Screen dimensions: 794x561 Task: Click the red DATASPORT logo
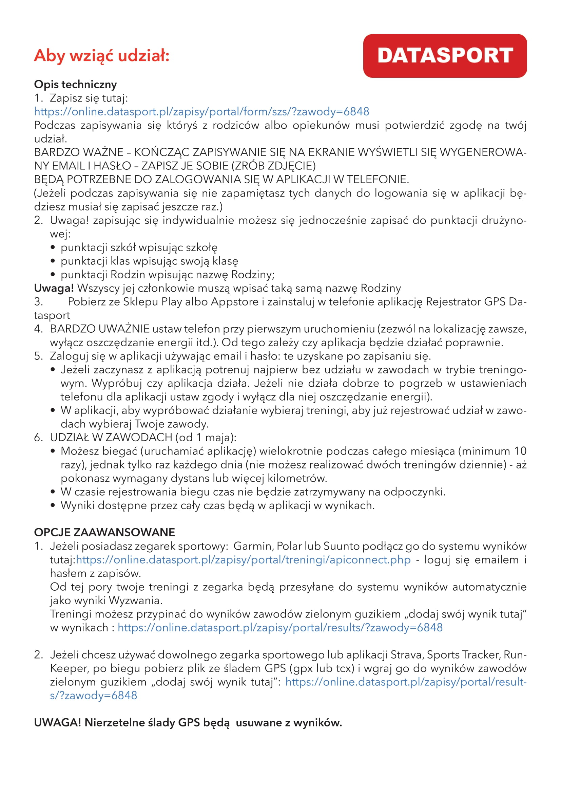(x=445, y=56)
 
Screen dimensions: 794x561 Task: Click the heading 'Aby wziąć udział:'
(x=101, y=55)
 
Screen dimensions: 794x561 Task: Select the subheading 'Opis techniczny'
(x=75, y=85)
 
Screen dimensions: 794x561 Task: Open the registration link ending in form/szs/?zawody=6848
(x=201, y=112)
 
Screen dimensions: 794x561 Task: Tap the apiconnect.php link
(x=243, y=559)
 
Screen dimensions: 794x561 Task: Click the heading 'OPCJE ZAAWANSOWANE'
(x=104, y=532)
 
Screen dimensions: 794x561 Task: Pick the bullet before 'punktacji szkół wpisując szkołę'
(x=53, y=247)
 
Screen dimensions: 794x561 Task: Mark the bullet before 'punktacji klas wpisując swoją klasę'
(x=53, y=261)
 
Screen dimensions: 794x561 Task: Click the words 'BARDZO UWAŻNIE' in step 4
(x=99, y=329)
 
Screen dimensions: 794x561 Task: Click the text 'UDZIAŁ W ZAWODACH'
(x=111, y=438)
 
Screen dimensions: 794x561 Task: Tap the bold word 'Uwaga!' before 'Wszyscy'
(x=54, y=288)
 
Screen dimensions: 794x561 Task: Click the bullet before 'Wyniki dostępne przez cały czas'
(x=53, y=505)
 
